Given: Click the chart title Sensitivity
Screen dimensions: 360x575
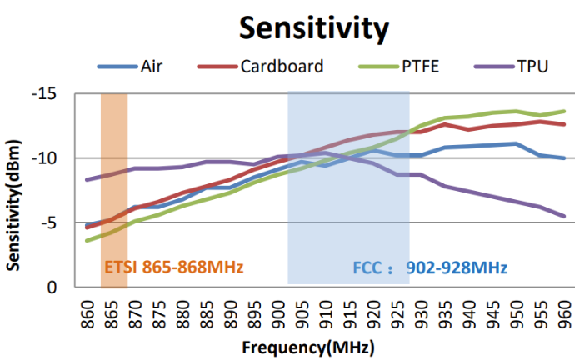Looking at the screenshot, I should [314, 27].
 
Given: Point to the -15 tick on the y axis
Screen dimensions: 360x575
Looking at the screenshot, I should [56, 94].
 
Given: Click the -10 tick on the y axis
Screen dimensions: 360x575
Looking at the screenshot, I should [56, 158].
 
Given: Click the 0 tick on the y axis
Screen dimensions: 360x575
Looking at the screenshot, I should [66, 287].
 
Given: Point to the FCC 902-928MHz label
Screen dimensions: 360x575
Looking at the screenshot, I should [427, 268].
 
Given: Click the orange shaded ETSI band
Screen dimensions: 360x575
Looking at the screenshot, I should [114, 167].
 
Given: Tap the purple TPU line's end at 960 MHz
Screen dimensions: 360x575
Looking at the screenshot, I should [566, 217].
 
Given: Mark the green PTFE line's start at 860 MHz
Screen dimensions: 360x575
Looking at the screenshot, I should [87, 241].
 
